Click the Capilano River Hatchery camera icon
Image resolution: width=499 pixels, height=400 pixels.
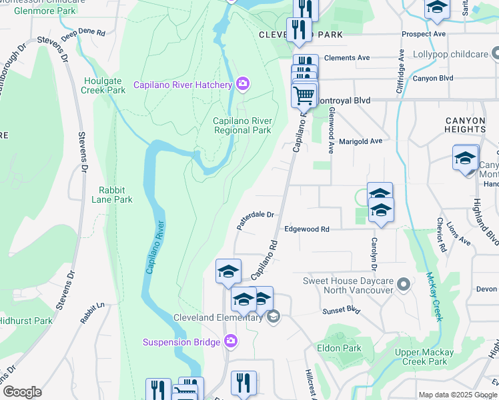[x=243, y=84]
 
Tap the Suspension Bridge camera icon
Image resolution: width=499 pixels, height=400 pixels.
[x=231, y=342]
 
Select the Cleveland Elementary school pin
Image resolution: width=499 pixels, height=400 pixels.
[x=272, y=317]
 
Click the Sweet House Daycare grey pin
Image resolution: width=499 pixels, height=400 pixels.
[x=403, y=285]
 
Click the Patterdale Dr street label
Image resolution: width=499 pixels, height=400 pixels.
[x=256, y=219]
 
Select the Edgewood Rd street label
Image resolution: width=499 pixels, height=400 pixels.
[x=307, y=229]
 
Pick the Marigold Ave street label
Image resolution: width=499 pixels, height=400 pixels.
[x=360, y=141]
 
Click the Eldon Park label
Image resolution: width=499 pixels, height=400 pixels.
[x=339, y=348]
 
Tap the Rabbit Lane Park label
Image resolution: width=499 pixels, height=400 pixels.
[x=111, y=195]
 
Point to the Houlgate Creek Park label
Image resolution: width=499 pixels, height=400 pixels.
[x=103, y=85]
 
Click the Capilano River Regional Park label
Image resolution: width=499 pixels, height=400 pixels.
[x=242, y=125]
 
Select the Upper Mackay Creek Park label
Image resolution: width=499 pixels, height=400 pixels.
[x=424, y=357]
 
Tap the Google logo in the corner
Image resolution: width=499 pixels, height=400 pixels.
[x=22, y=391]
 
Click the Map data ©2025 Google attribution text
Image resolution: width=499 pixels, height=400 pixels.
[x=458, y=395]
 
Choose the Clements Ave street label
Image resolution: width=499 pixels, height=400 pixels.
[x=346, y=58]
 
